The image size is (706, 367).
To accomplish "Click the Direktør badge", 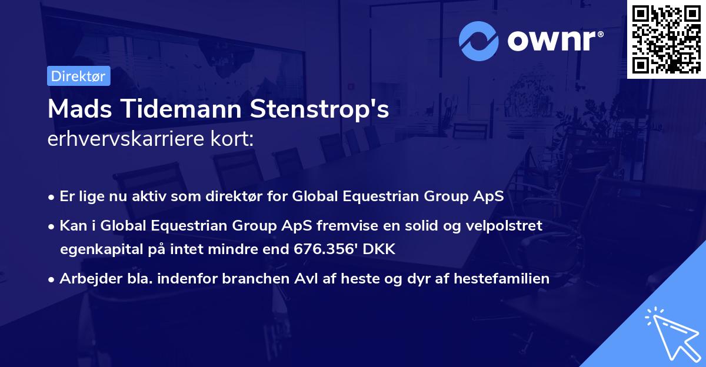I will point(78,76).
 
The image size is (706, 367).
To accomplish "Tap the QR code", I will point(667,39).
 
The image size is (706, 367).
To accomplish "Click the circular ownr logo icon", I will point(478,41).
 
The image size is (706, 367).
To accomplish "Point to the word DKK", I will point(380,249).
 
